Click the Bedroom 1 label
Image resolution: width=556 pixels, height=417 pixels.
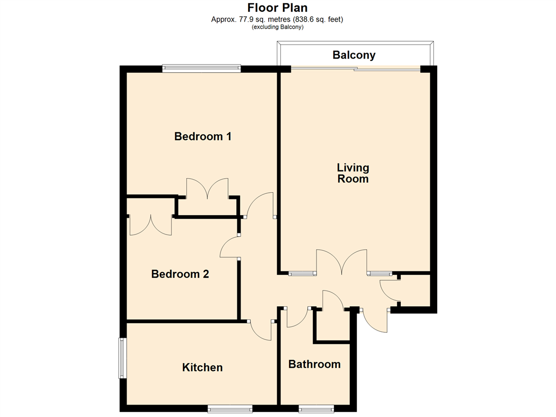click(x=203, y=136)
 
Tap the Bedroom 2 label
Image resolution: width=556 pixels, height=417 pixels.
click(x=180, y=274)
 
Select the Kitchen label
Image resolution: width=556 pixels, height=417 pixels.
click(x=203, y=368)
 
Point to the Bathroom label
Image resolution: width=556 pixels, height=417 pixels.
click(x=314, y=364)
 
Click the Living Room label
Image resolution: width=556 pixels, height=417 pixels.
click(x=353, y=173)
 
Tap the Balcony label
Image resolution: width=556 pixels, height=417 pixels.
click(x=354, y=55)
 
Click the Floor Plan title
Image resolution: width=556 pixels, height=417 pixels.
click(x=277, y=8)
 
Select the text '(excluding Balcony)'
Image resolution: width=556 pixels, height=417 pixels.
click(x=277, y=27)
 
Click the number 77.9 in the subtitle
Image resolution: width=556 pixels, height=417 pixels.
click(x=245, y=19)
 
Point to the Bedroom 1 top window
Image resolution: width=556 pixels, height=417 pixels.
click(x=201, y=68)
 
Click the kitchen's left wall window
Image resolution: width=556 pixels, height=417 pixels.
click(x=122, y=358)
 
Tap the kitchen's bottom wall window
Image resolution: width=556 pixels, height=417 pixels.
click(x=230, y=409)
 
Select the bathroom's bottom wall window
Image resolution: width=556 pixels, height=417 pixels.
click(x=317, y=409)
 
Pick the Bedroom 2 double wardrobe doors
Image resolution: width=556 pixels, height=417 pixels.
click(x=151, y=225)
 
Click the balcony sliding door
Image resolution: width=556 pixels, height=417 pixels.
click(x=355, y=69)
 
